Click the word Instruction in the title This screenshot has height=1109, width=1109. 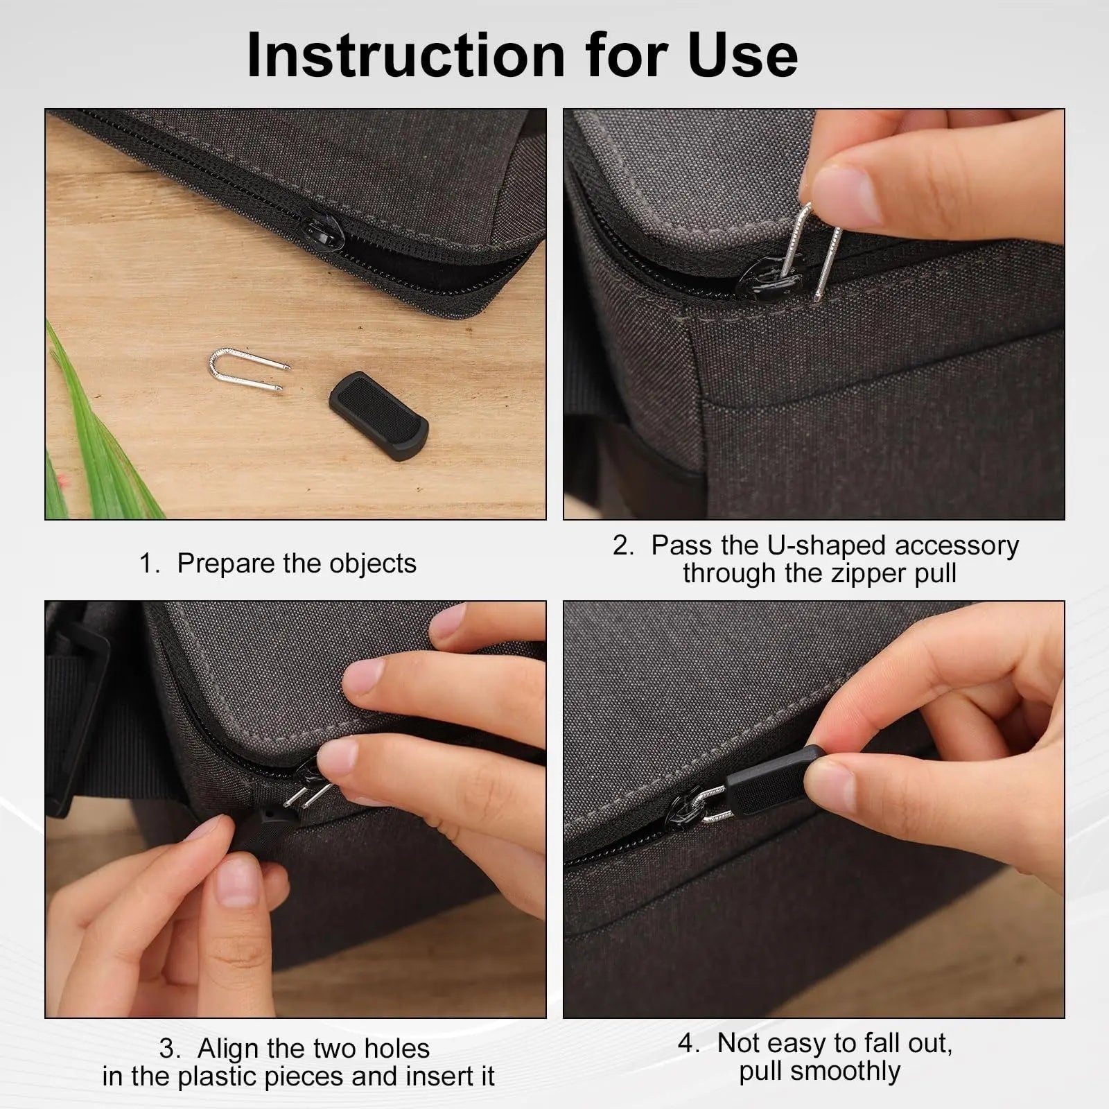click(406, 55)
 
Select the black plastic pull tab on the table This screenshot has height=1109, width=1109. click(378, 410)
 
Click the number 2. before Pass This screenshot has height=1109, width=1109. click(623, 545)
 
